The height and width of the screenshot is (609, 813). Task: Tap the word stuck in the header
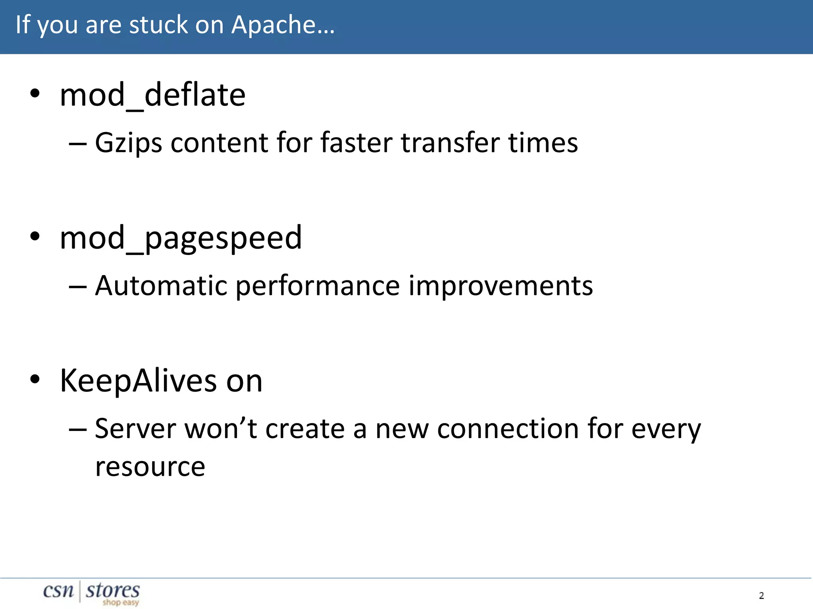coord(159,25)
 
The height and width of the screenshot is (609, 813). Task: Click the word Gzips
coord(128,143)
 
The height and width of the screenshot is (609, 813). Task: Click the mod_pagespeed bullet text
coord(181,238)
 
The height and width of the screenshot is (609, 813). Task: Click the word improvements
coord(501,285)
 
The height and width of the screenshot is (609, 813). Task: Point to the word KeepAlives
coord(138,381)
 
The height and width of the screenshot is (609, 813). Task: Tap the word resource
coord(150,467)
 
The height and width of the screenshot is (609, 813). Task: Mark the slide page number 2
coord(761,595)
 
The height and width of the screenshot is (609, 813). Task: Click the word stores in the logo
coord(113,590)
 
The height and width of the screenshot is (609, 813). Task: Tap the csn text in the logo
coord(58,591)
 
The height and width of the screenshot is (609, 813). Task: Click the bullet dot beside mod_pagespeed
coord(35,236)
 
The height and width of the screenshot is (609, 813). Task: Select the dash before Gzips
coord(77,143)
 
